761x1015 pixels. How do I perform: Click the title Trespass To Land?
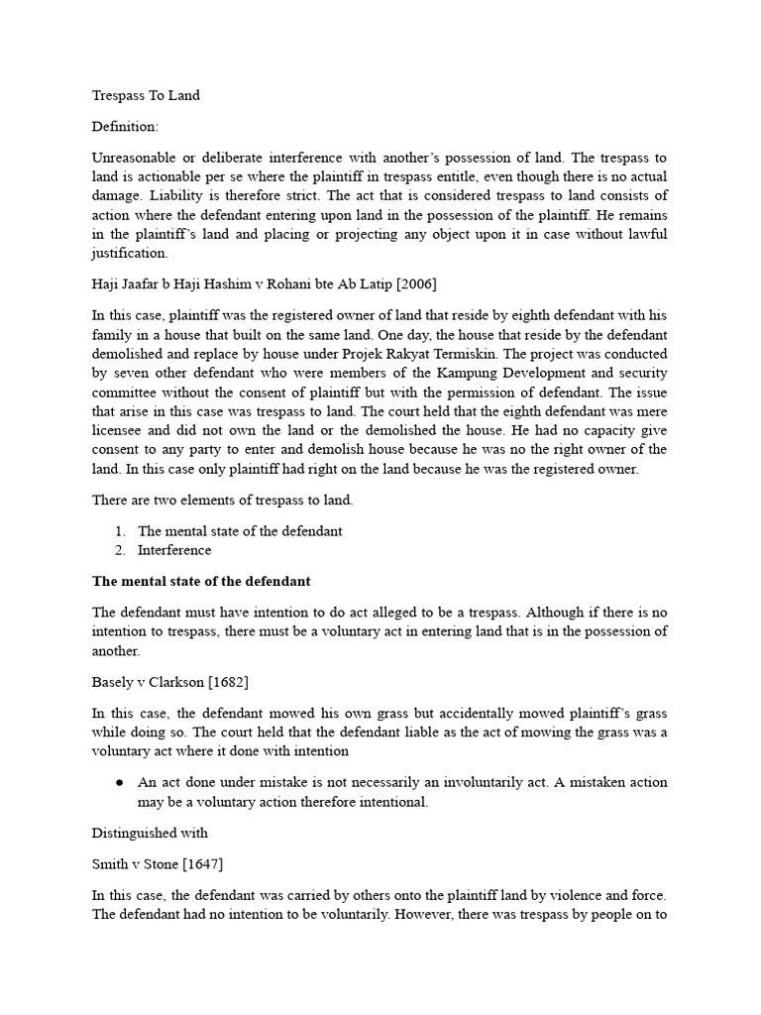(146, 95)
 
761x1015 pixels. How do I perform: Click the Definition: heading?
(125, 127)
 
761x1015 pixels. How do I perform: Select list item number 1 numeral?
(119, 530)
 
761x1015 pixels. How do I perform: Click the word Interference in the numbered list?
(174, 549)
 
